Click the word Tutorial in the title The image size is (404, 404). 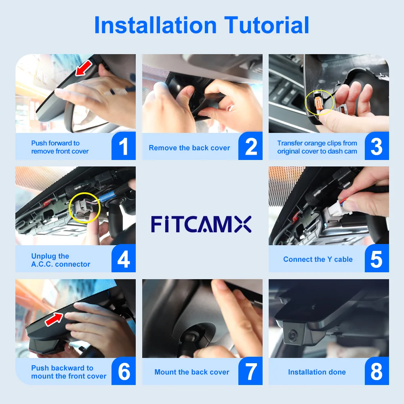tap(267, 25)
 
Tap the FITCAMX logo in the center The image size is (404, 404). tap(201, 224)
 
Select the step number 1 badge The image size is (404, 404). tap(124, 147)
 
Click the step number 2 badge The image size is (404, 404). tap(250, 147)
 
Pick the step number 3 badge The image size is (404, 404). tap(377, 147)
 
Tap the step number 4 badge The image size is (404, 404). tap(124, 259)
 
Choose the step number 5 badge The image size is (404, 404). tap(377, 259)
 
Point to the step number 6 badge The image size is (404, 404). tap(124, 372)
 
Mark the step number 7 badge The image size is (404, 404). tap(250, 372)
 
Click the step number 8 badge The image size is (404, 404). tap(377, 372)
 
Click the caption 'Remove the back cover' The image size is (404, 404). tap(189, 148)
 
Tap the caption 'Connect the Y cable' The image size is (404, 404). tap(318, 259)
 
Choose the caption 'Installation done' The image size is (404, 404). tap(317, 372)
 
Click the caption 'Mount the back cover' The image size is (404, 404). tap(191, 372)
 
